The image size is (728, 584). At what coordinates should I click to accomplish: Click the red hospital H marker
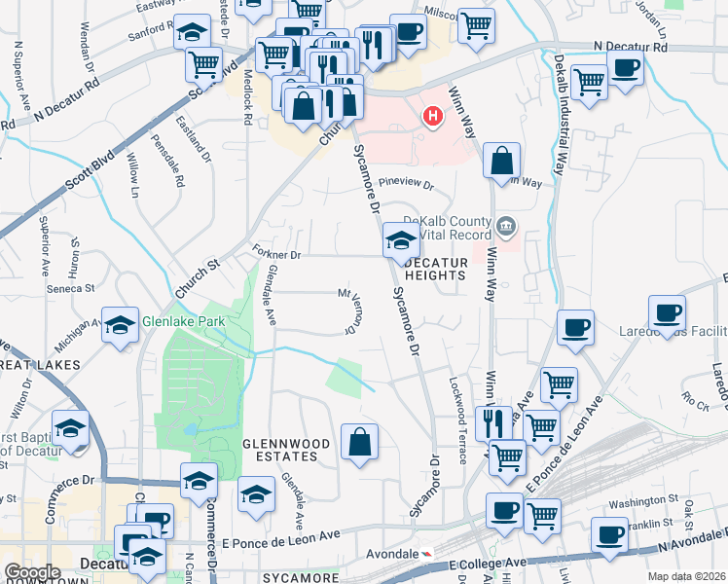click(x=432, y=118)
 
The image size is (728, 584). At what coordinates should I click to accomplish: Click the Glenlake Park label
click(x=183, y=321)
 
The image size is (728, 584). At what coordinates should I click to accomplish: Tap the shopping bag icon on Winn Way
click(x=501, y=161)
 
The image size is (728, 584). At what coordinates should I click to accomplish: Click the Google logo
click(x=33, y=572)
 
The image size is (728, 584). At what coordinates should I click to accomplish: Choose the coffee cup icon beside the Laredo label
click(x=667, y=312)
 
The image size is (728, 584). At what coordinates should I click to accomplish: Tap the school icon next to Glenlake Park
click(x=121, y=324)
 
